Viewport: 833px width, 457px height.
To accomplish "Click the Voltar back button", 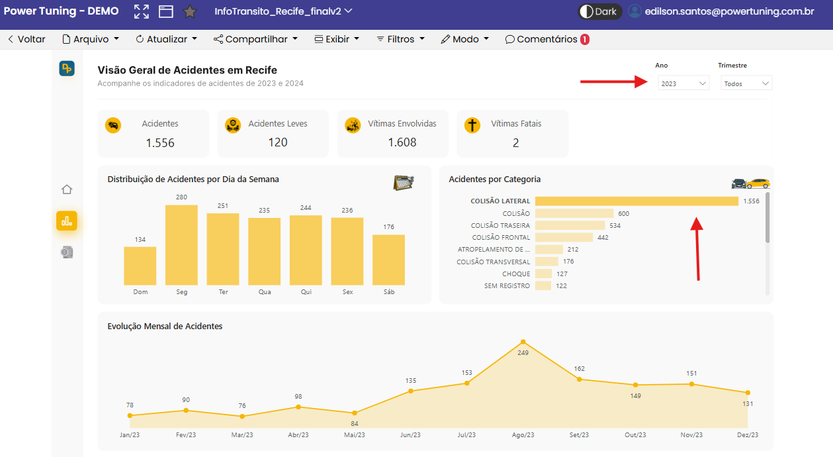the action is [26, 39].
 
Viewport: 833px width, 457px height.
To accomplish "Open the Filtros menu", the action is [400, 39].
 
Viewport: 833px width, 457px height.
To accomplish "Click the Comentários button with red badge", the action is [547, 39].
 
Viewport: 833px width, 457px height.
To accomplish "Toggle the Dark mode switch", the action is [599, 11].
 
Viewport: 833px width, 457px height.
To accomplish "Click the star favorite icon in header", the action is [190, 11].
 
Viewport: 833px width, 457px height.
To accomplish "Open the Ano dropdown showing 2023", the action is [683, 83].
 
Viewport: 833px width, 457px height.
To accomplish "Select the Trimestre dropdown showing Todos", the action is [746, 83].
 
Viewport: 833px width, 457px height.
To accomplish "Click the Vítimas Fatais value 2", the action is [515, 143].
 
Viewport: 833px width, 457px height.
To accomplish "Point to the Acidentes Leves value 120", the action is [278, 142].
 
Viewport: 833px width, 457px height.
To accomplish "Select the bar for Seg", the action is [181, 245].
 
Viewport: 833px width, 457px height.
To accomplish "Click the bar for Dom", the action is [140, 266].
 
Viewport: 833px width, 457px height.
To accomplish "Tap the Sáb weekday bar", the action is [388, 260].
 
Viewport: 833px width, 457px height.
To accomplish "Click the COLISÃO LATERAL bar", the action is [636, 201].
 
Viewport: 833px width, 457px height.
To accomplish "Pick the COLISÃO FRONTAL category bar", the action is [564, 237].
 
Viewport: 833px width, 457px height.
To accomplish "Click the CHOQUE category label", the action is [516, 274].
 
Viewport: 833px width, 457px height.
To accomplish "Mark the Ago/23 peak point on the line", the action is [523, 342].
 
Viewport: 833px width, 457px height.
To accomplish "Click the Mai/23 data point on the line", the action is [355, 413].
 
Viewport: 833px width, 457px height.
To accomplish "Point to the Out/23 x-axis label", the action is [635, 434].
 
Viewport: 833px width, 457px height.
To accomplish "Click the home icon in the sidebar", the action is [67, 189].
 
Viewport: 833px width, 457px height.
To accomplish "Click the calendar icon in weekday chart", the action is [404, 182].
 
